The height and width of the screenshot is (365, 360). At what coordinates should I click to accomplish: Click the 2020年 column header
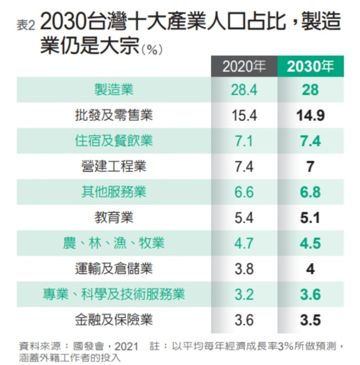click(x=244, y=67)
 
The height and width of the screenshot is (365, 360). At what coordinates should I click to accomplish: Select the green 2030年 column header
click(x=310, y=67)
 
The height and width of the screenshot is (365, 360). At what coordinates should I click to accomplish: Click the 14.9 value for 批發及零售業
click(x=310, y=116)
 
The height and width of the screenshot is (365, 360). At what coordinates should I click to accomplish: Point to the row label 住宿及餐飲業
click(x=114, y=141)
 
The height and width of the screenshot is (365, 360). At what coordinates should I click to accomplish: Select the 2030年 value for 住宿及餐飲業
click(x=310, y=141)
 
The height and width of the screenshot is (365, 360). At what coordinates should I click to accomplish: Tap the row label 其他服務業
click(x=114, y=193)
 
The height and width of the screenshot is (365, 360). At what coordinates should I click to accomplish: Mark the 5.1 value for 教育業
click(x=310, y=218)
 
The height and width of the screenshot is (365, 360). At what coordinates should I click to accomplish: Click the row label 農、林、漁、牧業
click(x=114, y=243)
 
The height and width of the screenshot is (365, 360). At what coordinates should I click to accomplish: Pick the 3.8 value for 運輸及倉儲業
click(x=244, y=269)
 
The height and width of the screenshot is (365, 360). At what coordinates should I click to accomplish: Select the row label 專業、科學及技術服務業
click(x=114, y=294)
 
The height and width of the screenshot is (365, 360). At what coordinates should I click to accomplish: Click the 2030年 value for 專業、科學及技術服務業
click(x=310, y=294)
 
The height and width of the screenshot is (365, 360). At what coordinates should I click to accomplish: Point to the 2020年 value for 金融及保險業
click(x=244, y=319)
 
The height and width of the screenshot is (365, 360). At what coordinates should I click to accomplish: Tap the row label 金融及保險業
click(x=114, y=319)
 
